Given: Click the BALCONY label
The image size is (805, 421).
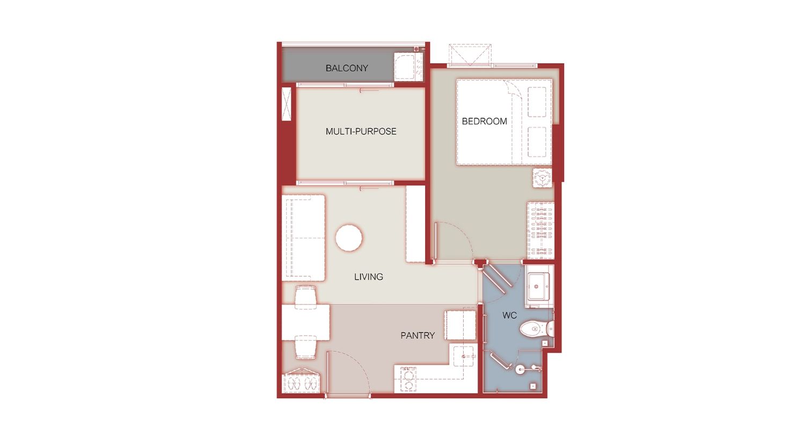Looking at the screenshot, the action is pyautogui.click(x=347, y=68).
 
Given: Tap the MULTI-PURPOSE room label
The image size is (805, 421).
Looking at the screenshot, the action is pyautogui.click(x=361, y=131).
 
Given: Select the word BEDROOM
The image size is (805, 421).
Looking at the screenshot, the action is pyautogui.click(x=484, y=121).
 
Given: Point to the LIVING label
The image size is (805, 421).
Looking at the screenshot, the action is pyautogui.click(x=368, y=277).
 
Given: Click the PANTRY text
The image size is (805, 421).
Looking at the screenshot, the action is pyautogui.click(x=418, y=336).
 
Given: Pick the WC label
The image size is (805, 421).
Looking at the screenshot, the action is pyautogui.click(x=509, y=315).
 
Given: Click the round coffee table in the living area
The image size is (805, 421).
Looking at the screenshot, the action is pyautogui.click(x=349, y=238).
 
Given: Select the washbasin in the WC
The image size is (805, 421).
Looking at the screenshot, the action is pyautogui.click(x=538, y=286).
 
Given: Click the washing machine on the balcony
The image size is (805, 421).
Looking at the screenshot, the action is pyautogui.click(x=408, y=67).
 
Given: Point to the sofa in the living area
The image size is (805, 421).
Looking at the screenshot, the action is pyautogui.click(x=304, y=238).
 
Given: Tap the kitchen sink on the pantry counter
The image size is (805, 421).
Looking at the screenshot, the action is pyautogui.click(x=464, y=356).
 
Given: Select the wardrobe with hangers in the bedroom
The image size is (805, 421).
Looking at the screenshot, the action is pyautogui.click(x=540, y=230).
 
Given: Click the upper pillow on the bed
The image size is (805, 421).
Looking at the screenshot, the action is pyautogui.click(x=537, y=102).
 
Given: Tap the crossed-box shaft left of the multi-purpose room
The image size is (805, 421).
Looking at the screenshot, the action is pyautogui.click(x=287, y=104).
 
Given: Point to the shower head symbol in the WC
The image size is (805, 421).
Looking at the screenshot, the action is pyautogui.click(x=536, y=367).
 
